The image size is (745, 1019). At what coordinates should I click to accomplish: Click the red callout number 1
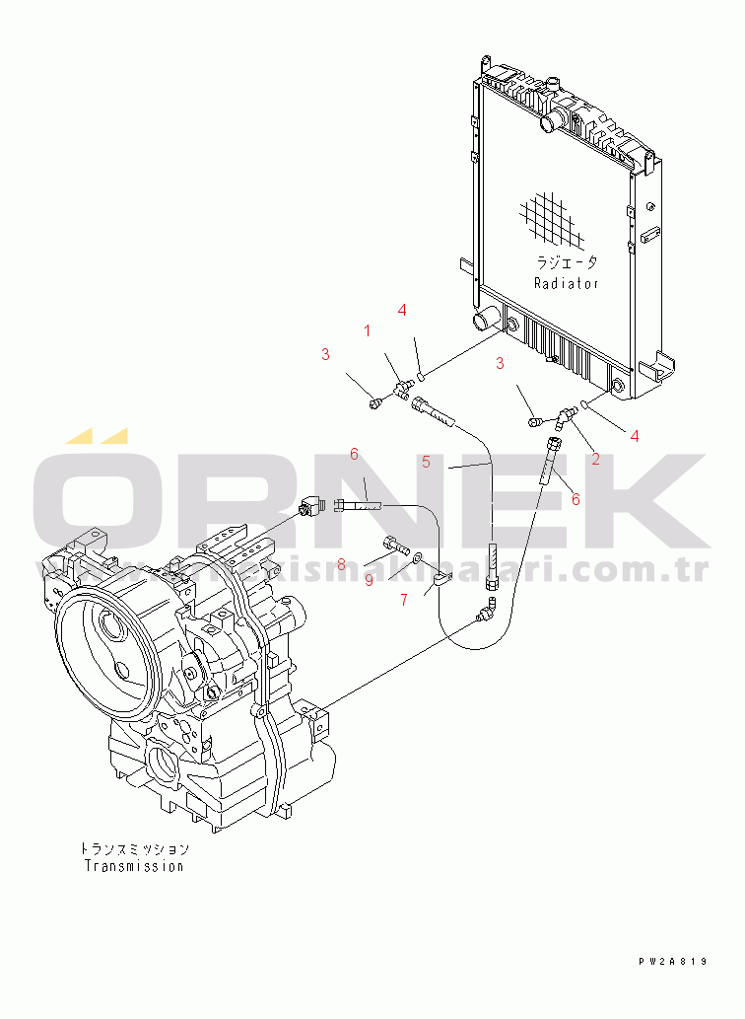tap(368, 331)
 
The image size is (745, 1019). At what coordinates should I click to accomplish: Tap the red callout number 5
tap(426, 461)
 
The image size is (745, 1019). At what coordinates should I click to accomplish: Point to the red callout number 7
tap(403, 599)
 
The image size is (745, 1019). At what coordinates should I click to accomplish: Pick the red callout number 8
tap(341, 564)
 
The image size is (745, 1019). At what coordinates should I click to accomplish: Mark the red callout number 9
tap(369, 581)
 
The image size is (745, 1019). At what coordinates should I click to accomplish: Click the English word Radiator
tap(566, 283)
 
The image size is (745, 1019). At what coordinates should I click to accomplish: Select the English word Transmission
tap(134, 867)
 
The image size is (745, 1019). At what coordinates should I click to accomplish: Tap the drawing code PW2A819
tap(672, 961)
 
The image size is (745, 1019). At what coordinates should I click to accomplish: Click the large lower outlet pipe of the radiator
tap(486, 321)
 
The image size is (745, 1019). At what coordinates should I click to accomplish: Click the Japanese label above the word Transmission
tap(134, 848)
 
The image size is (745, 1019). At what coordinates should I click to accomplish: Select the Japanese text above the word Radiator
tap(566, 263)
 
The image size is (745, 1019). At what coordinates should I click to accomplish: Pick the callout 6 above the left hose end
tap(354, 454)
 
